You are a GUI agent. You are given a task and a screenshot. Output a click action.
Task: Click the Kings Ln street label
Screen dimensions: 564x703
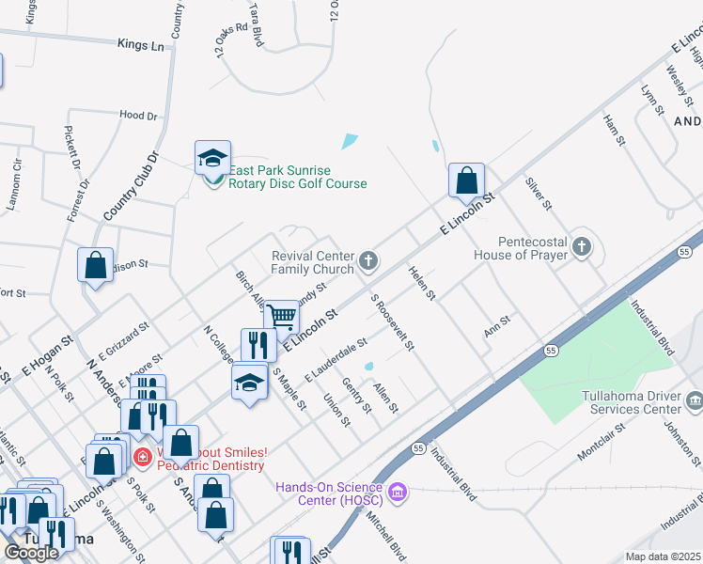[x=141, y=44]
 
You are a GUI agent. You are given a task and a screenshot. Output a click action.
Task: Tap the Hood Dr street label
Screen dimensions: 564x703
[x=138, y=115]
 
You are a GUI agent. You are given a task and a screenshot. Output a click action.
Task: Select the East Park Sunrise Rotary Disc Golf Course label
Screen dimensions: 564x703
[x=297, y=177]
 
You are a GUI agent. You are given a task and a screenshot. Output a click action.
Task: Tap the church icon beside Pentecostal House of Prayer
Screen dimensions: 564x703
[x=583, y=247]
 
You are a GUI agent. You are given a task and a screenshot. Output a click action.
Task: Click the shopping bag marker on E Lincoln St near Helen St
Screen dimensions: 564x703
[x=466, y=180]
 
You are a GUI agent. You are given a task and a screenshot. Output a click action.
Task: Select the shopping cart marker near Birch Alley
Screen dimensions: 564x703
[x=281, y=317]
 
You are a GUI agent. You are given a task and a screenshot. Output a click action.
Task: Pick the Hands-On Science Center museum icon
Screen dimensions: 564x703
[x=397, y=491]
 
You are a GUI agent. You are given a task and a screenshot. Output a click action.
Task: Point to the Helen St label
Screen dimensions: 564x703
[x=421, y=283]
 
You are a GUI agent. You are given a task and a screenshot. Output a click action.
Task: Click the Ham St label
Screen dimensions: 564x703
[x=614, y=132]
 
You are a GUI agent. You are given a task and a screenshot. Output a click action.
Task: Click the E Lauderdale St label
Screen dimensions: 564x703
[x=335, y=363]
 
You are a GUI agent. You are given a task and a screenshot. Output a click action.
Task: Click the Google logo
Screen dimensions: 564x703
[x=31, y=552]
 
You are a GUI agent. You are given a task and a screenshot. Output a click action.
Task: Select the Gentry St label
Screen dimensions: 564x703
[x=358, y=394]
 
